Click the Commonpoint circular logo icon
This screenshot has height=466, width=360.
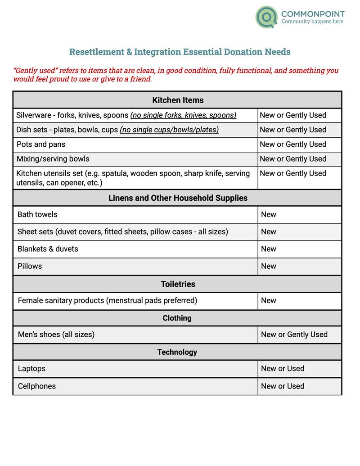tap(266, 17)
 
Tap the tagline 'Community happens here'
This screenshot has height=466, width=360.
tap(312, 22)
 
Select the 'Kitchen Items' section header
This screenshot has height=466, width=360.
tap(178, 100)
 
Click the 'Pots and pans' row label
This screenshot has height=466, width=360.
tap(41, 145)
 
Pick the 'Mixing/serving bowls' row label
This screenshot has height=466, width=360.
tap(53, 159)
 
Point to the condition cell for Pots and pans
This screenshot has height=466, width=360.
tap(293, 145)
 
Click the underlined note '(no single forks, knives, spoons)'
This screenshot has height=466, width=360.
tap(183, 115)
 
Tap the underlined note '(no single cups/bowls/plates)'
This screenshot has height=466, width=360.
tap(169, 130)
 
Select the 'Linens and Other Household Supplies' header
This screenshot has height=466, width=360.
tap(178, 198)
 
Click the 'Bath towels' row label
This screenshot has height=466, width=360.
tap(37, 214)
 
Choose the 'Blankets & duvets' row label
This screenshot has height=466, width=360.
tap(48, 249)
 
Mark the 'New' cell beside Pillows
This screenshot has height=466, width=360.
tap(269, 266)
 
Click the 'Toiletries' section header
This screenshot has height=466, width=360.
tap(178, 284)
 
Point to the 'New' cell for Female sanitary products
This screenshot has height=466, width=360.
tap(269, 300)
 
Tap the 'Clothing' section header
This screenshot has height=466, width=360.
tap(177, 318)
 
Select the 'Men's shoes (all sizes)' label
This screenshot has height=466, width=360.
tap(56, 335)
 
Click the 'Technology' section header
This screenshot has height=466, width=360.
tap(177, 352)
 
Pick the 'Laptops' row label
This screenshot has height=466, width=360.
tap(31, 368)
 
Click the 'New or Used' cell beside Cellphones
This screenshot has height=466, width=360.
tap(283, 386)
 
